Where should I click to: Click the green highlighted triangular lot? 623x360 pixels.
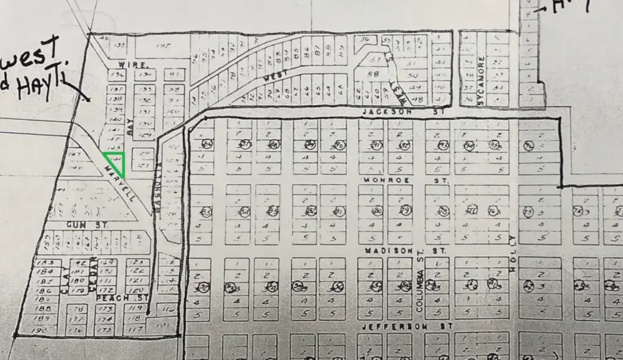115,163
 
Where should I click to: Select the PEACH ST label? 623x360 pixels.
111,297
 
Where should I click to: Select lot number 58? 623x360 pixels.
374,73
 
